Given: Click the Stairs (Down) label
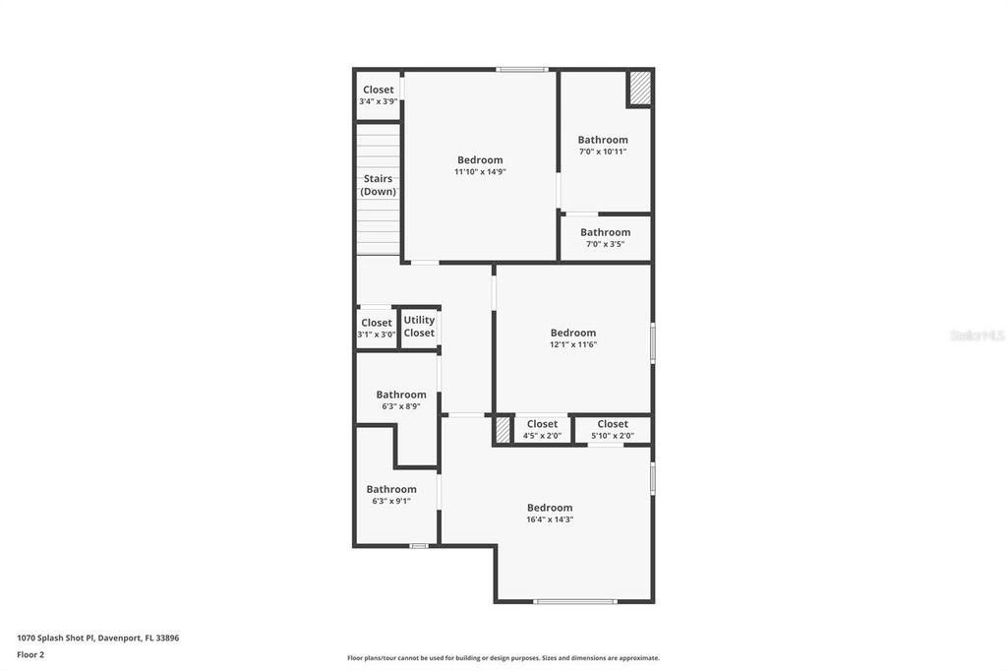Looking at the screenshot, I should (378, 185).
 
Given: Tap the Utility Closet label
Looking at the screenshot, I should (419, 327).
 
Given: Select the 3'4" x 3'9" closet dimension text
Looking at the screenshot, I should (378, 101).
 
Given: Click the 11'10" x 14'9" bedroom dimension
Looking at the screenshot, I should (480, 171).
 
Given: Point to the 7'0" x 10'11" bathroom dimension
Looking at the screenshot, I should (603, 152).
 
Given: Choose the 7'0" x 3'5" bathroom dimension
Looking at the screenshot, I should (605, 244).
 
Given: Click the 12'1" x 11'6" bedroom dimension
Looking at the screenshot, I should (573, 344).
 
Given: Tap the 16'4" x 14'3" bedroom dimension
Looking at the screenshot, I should (550, 519).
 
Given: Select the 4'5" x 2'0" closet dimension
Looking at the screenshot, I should (542, 436).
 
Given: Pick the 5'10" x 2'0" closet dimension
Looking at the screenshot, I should (613, 436).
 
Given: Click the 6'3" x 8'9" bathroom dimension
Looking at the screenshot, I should (401, 406).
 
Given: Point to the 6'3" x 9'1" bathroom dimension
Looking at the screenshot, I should (391, 501).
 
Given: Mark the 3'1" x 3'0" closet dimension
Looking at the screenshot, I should (377, 335).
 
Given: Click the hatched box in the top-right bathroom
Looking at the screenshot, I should (639, 89).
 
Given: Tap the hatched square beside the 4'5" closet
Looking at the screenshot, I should (503, 430).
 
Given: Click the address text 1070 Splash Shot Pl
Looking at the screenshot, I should (98, 638).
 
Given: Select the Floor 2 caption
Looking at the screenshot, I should (30, 654).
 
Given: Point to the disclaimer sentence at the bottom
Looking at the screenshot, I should (503, 658).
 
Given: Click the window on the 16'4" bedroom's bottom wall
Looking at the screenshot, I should (575, 601).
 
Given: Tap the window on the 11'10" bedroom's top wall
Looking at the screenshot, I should (521, 69).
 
